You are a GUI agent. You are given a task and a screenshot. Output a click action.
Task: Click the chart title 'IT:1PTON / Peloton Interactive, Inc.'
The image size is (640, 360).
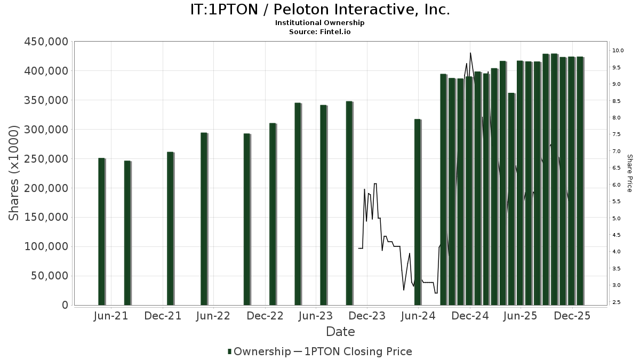tap(320, 10)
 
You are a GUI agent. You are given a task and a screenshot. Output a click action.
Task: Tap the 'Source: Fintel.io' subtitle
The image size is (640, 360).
tap(320, 31)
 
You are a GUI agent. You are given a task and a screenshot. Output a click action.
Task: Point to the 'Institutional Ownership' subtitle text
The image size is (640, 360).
tap(320, 23)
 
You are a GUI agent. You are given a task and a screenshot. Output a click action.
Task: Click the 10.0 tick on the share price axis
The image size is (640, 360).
tap(618, 51)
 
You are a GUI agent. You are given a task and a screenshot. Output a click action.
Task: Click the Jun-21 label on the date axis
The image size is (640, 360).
tap(111, 316)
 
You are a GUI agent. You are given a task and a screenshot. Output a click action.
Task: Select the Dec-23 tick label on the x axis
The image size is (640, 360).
tap(367, 316)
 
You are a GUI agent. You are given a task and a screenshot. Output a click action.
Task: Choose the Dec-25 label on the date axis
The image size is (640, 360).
tap(572, 316)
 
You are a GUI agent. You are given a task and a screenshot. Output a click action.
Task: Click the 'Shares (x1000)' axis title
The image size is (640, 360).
tap(14, 173)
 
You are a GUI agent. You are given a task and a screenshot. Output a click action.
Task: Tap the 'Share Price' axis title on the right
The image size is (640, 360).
tap(629, 173)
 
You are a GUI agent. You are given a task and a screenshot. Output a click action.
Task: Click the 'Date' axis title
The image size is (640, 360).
tap(340, 332)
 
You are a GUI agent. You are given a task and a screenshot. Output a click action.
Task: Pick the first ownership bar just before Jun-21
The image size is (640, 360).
tap(101, 232)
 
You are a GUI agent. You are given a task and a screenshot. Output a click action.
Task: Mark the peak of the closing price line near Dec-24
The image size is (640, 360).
tap(470, 53)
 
